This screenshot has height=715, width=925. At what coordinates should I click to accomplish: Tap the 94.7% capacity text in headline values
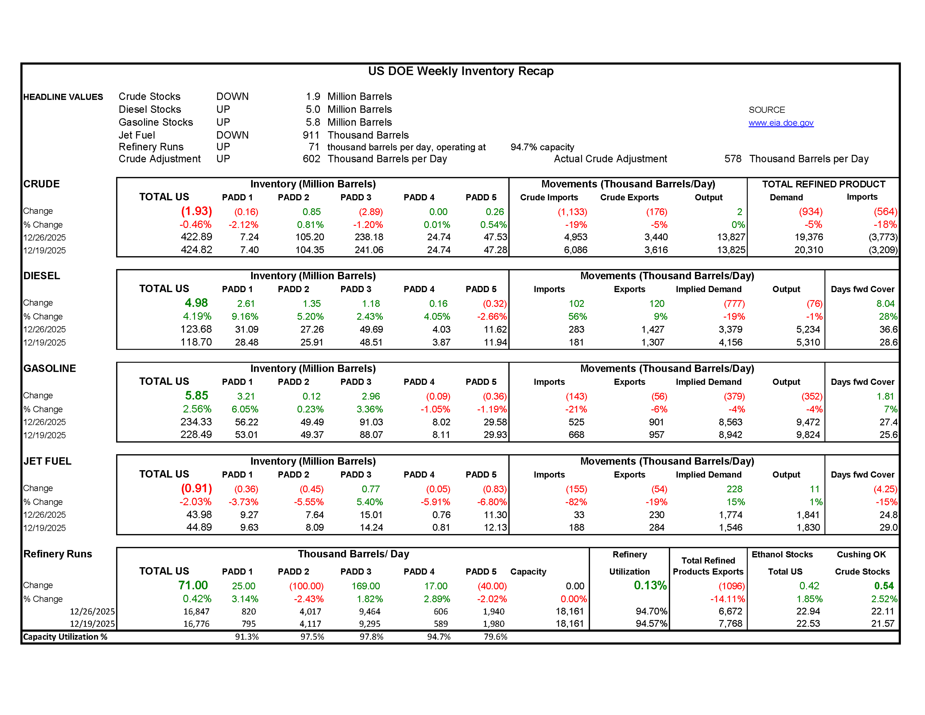click(x=542, y=147)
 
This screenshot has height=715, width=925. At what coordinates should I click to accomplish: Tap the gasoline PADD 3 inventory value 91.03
click(x=371, y=422)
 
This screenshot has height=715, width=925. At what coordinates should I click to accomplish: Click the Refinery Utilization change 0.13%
click(x=650, y=585)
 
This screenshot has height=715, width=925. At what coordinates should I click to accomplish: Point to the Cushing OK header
click(x=861, y=554)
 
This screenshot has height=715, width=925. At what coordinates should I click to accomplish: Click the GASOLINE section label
click(x=50, y=368)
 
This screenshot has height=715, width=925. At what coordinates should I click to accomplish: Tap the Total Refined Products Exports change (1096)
click(x=731, y=586)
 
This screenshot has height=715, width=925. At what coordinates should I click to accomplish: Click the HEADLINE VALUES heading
click(x=63, y=97)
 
